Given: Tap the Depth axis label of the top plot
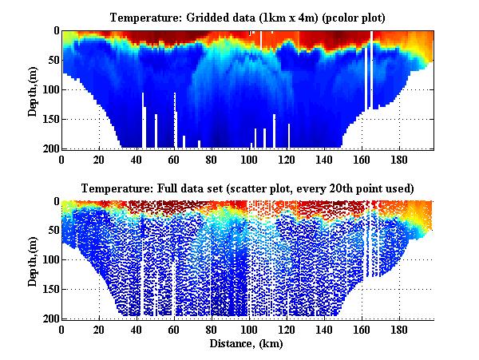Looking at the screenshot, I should [33, 89].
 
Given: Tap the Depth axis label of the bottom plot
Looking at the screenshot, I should [33, 260].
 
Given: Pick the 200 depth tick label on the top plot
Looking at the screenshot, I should [50, 148].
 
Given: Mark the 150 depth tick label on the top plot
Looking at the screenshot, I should [50, 119].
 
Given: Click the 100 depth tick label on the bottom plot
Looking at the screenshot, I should [50, 260].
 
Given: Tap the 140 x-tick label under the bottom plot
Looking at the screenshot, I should [324, 330].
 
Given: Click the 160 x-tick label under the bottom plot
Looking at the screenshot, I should [362, 330].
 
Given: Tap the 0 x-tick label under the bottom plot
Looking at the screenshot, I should [61, 330].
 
